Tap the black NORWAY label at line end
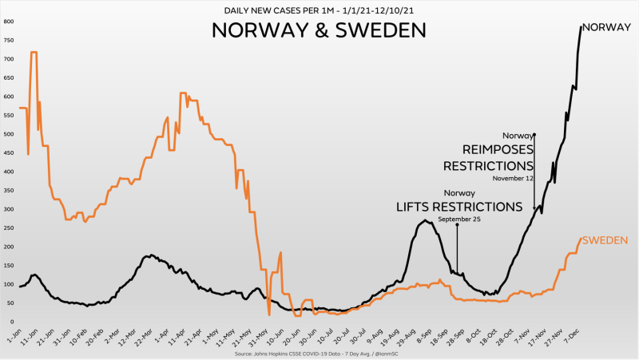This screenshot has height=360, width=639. click(607, 27)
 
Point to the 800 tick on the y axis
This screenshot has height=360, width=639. click(9, 22)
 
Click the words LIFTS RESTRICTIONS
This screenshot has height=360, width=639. click(459, 207)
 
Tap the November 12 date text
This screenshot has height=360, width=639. click(513, 178)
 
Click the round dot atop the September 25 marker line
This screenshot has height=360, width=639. click(457, 225)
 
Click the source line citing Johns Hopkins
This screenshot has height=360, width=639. click(319, 351)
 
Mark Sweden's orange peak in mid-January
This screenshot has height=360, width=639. click(34, 53)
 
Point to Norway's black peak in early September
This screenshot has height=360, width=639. click(426, 220)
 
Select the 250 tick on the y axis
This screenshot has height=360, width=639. click(9, 227)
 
